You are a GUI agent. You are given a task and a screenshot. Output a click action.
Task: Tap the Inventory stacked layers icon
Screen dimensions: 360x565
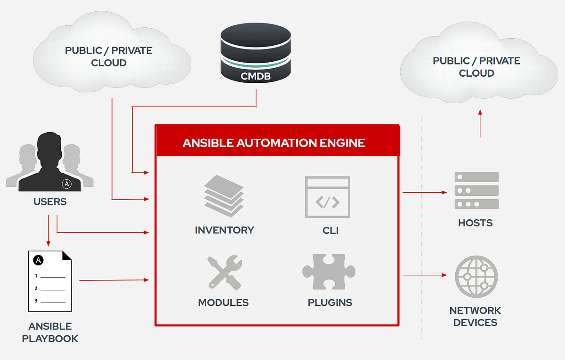224,196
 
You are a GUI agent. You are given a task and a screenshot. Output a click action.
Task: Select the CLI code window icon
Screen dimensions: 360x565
327,197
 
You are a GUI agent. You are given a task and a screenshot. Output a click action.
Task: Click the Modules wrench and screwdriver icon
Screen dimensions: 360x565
224,272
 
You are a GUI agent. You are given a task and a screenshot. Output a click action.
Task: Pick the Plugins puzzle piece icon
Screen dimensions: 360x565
329,272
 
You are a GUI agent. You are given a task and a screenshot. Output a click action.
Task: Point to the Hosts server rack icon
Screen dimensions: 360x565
476,191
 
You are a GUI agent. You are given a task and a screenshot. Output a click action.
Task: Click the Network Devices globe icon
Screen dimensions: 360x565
476,277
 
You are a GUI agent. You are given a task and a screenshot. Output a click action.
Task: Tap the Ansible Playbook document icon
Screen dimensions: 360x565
50,280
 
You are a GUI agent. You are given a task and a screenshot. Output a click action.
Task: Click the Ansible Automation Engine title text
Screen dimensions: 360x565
274,143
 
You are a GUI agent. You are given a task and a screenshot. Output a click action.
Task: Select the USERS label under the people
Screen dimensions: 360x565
50,202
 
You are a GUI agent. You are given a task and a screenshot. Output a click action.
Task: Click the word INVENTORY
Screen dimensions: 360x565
224,230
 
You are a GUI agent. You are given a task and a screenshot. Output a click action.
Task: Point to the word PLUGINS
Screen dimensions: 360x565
330,303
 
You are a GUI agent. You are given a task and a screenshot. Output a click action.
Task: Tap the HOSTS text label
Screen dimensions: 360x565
475,223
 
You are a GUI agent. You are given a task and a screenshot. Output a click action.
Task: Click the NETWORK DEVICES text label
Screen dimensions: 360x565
475,316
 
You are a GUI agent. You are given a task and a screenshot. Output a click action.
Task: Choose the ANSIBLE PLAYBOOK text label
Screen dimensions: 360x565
50,332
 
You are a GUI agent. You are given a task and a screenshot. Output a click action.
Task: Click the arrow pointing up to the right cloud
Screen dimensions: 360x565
480,123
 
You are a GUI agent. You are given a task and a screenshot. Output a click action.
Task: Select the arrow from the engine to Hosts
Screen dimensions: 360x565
424,192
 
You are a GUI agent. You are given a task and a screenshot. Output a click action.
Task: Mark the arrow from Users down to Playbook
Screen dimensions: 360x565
48,231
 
